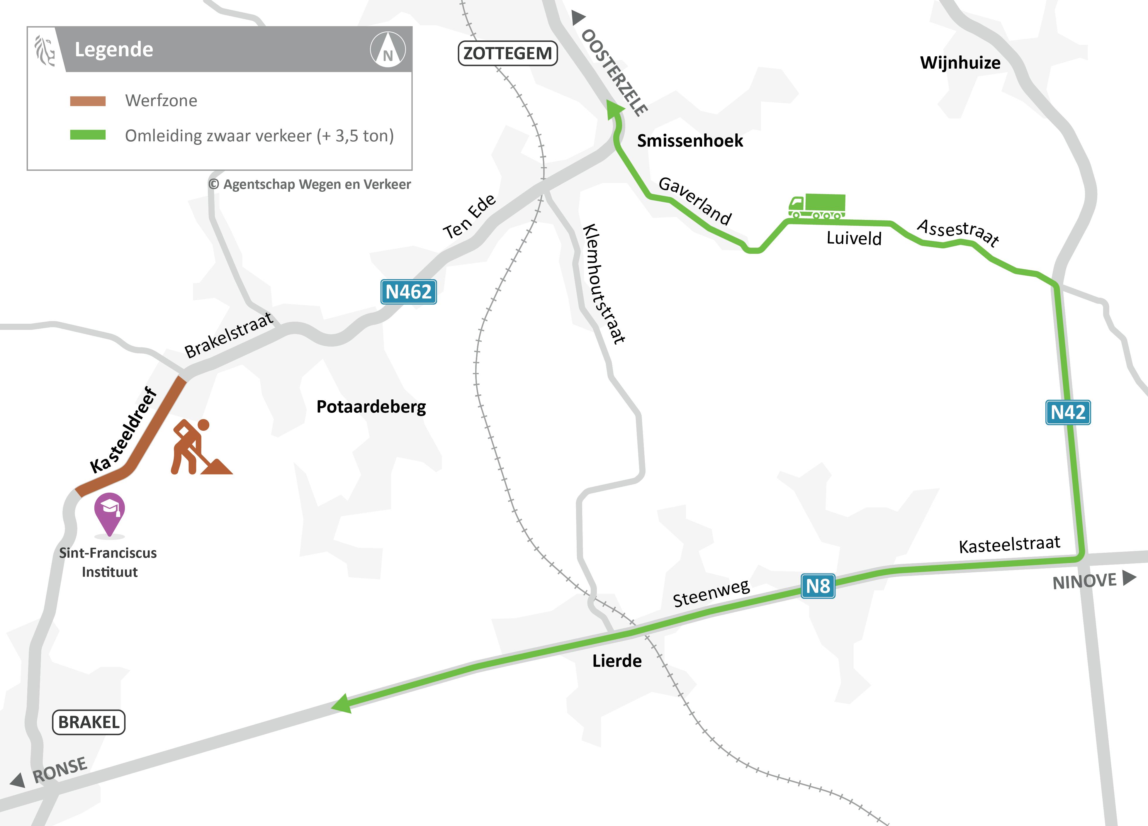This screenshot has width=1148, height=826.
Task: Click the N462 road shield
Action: tap(408, 292)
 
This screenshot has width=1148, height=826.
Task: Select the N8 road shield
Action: tap(818, 586)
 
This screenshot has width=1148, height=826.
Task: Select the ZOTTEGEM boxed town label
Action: tap(507, 53)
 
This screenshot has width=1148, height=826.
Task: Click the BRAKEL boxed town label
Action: tap(89, 722)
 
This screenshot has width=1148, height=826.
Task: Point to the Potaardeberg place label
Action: tap(371, 406)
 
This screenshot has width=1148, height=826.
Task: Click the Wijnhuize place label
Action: tap(960, 63)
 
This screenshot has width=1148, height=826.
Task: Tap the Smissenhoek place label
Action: tap(690, 141)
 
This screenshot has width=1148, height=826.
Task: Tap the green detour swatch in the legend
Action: tap(88, 135)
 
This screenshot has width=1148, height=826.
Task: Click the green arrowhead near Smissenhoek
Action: tap(614, 108)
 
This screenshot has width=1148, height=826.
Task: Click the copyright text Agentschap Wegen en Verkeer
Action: tap(310, 184)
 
